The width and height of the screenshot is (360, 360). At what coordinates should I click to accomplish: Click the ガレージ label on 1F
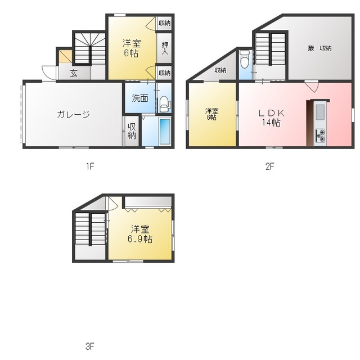point(73,115)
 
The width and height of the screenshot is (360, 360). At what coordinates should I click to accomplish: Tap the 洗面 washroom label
point(140,98)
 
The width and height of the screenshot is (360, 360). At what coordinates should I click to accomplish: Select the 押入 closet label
point(165,48)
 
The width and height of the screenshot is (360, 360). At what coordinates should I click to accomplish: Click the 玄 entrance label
point(73,72)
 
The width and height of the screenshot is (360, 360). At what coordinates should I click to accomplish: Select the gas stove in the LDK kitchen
point(320,136)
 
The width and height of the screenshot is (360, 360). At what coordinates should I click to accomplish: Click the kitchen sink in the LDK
point(319,112)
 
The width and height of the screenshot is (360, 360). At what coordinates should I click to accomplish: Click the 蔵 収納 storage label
point(319,48)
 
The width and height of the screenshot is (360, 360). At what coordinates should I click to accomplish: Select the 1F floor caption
point(89,166)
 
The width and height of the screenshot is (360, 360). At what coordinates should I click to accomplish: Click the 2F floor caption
point(269,166)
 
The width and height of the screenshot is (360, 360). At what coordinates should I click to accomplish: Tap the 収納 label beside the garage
point(132,131)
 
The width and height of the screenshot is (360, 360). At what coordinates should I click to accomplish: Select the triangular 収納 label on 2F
point(220,70)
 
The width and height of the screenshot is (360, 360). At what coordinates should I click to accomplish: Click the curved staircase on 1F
point(90,48)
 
